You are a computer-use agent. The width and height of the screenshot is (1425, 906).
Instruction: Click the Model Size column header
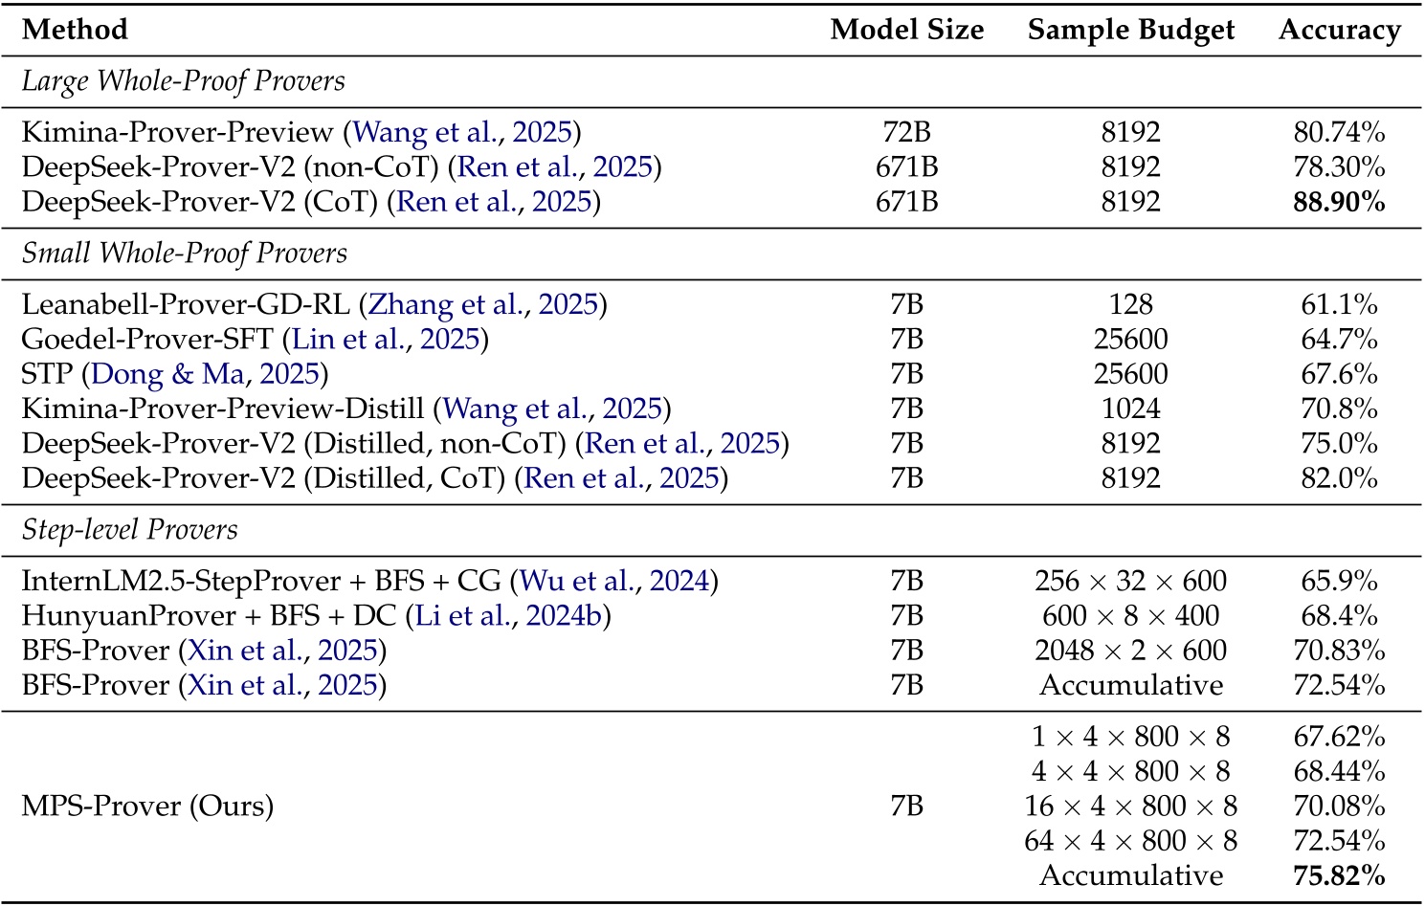906,30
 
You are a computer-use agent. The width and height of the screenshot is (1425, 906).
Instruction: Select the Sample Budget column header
1130,30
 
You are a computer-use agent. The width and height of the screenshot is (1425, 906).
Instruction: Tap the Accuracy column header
1339,30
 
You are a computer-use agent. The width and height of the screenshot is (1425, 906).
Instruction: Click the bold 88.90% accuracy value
1339,202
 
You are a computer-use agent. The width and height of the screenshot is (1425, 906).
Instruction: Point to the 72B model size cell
906,132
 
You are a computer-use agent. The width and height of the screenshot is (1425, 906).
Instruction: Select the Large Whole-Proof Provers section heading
183,81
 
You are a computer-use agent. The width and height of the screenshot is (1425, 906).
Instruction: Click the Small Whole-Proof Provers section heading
184,254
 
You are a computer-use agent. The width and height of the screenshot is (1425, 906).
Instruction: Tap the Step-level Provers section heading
129,530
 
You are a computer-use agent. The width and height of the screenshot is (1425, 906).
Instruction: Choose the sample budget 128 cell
1130,305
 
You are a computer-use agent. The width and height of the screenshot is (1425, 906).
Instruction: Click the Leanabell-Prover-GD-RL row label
186,305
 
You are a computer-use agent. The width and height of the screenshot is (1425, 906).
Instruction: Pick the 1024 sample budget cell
1130,409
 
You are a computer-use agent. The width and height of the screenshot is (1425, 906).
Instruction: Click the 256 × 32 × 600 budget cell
1130,582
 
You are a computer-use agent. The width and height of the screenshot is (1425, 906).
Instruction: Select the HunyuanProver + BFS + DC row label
209,616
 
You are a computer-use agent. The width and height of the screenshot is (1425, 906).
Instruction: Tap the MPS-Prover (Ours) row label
147,807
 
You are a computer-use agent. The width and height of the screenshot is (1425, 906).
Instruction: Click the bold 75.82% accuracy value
1339,875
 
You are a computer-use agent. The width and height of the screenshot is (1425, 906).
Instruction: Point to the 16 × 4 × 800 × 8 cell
1130,807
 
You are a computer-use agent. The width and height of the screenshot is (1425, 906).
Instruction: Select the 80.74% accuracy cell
1339,132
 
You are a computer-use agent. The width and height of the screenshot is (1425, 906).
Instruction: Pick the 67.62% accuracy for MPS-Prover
1339,737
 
